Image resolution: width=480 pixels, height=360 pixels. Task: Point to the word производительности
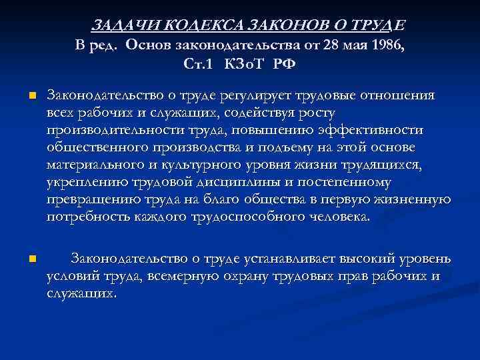(x=106, y=130)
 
